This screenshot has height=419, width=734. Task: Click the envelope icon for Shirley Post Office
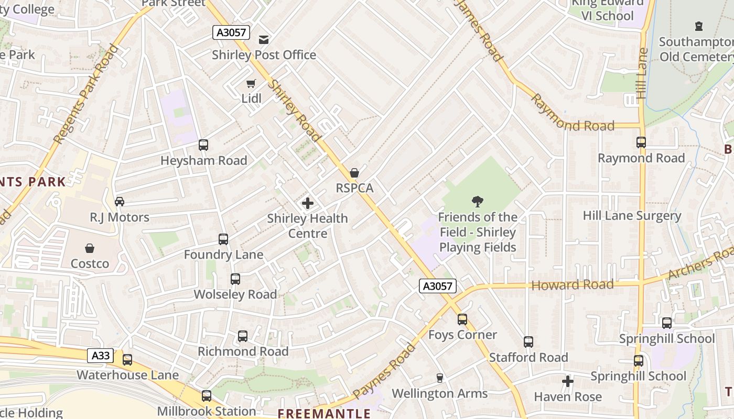(x=264, y=39)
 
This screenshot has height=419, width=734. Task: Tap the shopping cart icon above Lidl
(x=251, y=84)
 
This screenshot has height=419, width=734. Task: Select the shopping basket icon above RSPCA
(x=354, y=173)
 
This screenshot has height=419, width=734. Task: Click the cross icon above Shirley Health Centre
(x=308, y=203)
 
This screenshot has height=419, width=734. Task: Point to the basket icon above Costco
(x=90, y=248)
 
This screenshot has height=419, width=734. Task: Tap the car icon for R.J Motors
(x=120, y=202)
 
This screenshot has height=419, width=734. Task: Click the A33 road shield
(x=100, y=356)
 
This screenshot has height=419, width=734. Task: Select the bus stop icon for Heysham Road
(x=203, y=145)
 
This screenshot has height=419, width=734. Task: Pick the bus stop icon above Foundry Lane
(x=223, y=239)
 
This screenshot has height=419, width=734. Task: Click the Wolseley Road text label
(x=235, y=294)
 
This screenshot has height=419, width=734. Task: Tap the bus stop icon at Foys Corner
(x=462, y=319)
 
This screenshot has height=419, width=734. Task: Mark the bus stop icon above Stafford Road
(x=528, y=342)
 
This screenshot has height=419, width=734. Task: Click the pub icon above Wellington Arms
(x=440, y=378)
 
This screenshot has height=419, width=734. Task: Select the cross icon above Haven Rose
(x=568, y=381)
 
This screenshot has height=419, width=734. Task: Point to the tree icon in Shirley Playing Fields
(x=477, y=202)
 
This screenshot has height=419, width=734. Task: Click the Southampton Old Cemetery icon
(x=698, y=26)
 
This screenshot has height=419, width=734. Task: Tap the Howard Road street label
(x=573, y=285)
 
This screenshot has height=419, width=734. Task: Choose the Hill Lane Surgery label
(x=632, y=216)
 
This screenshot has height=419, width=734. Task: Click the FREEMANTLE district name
(x=324, y=413)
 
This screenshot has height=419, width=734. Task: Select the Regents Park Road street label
(x=86, y=94)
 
